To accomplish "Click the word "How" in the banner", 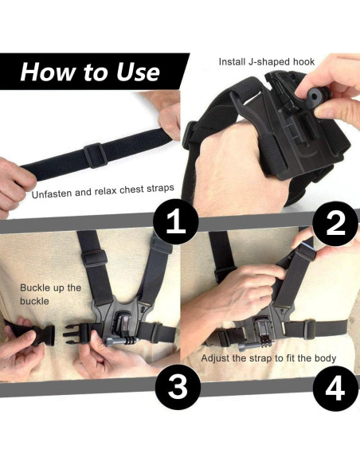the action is [x=48, y=72].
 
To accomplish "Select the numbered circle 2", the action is [x=335, y=224].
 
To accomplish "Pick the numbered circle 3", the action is [x=178, y=387].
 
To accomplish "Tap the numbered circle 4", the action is [x=335, y=389].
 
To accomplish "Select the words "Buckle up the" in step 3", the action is [x=50, y=287].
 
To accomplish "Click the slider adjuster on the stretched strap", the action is [x=96, y=154].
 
